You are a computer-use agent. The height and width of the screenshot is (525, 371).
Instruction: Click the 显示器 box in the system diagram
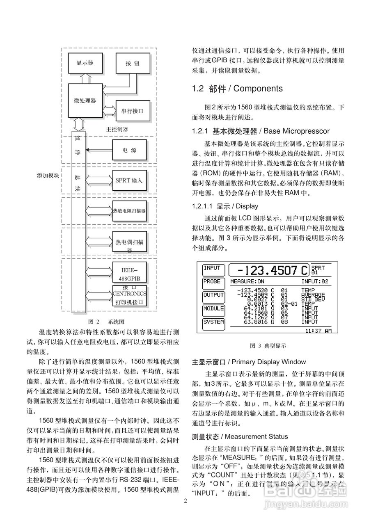coord(85,64)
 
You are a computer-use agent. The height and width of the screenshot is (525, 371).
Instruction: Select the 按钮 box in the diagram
coord(132,64)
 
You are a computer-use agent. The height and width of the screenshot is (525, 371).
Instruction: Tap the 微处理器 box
coord(85,100)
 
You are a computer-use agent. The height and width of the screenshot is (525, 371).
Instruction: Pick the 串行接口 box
coord(132,111)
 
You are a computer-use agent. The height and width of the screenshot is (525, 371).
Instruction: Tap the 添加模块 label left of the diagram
coord(48,175)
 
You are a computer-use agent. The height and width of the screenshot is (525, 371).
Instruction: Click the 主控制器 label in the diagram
coord(117,129)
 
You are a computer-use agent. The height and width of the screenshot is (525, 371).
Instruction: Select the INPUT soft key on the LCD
coord(212,269)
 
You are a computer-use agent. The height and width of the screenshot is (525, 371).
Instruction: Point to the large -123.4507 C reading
coord(268,270)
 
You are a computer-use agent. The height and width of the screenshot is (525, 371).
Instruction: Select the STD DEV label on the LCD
coord(313,299)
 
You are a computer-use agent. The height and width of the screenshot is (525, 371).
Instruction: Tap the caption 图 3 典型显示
coord(268,346)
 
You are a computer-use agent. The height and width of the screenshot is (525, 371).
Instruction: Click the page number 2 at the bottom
coord(185,501)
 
